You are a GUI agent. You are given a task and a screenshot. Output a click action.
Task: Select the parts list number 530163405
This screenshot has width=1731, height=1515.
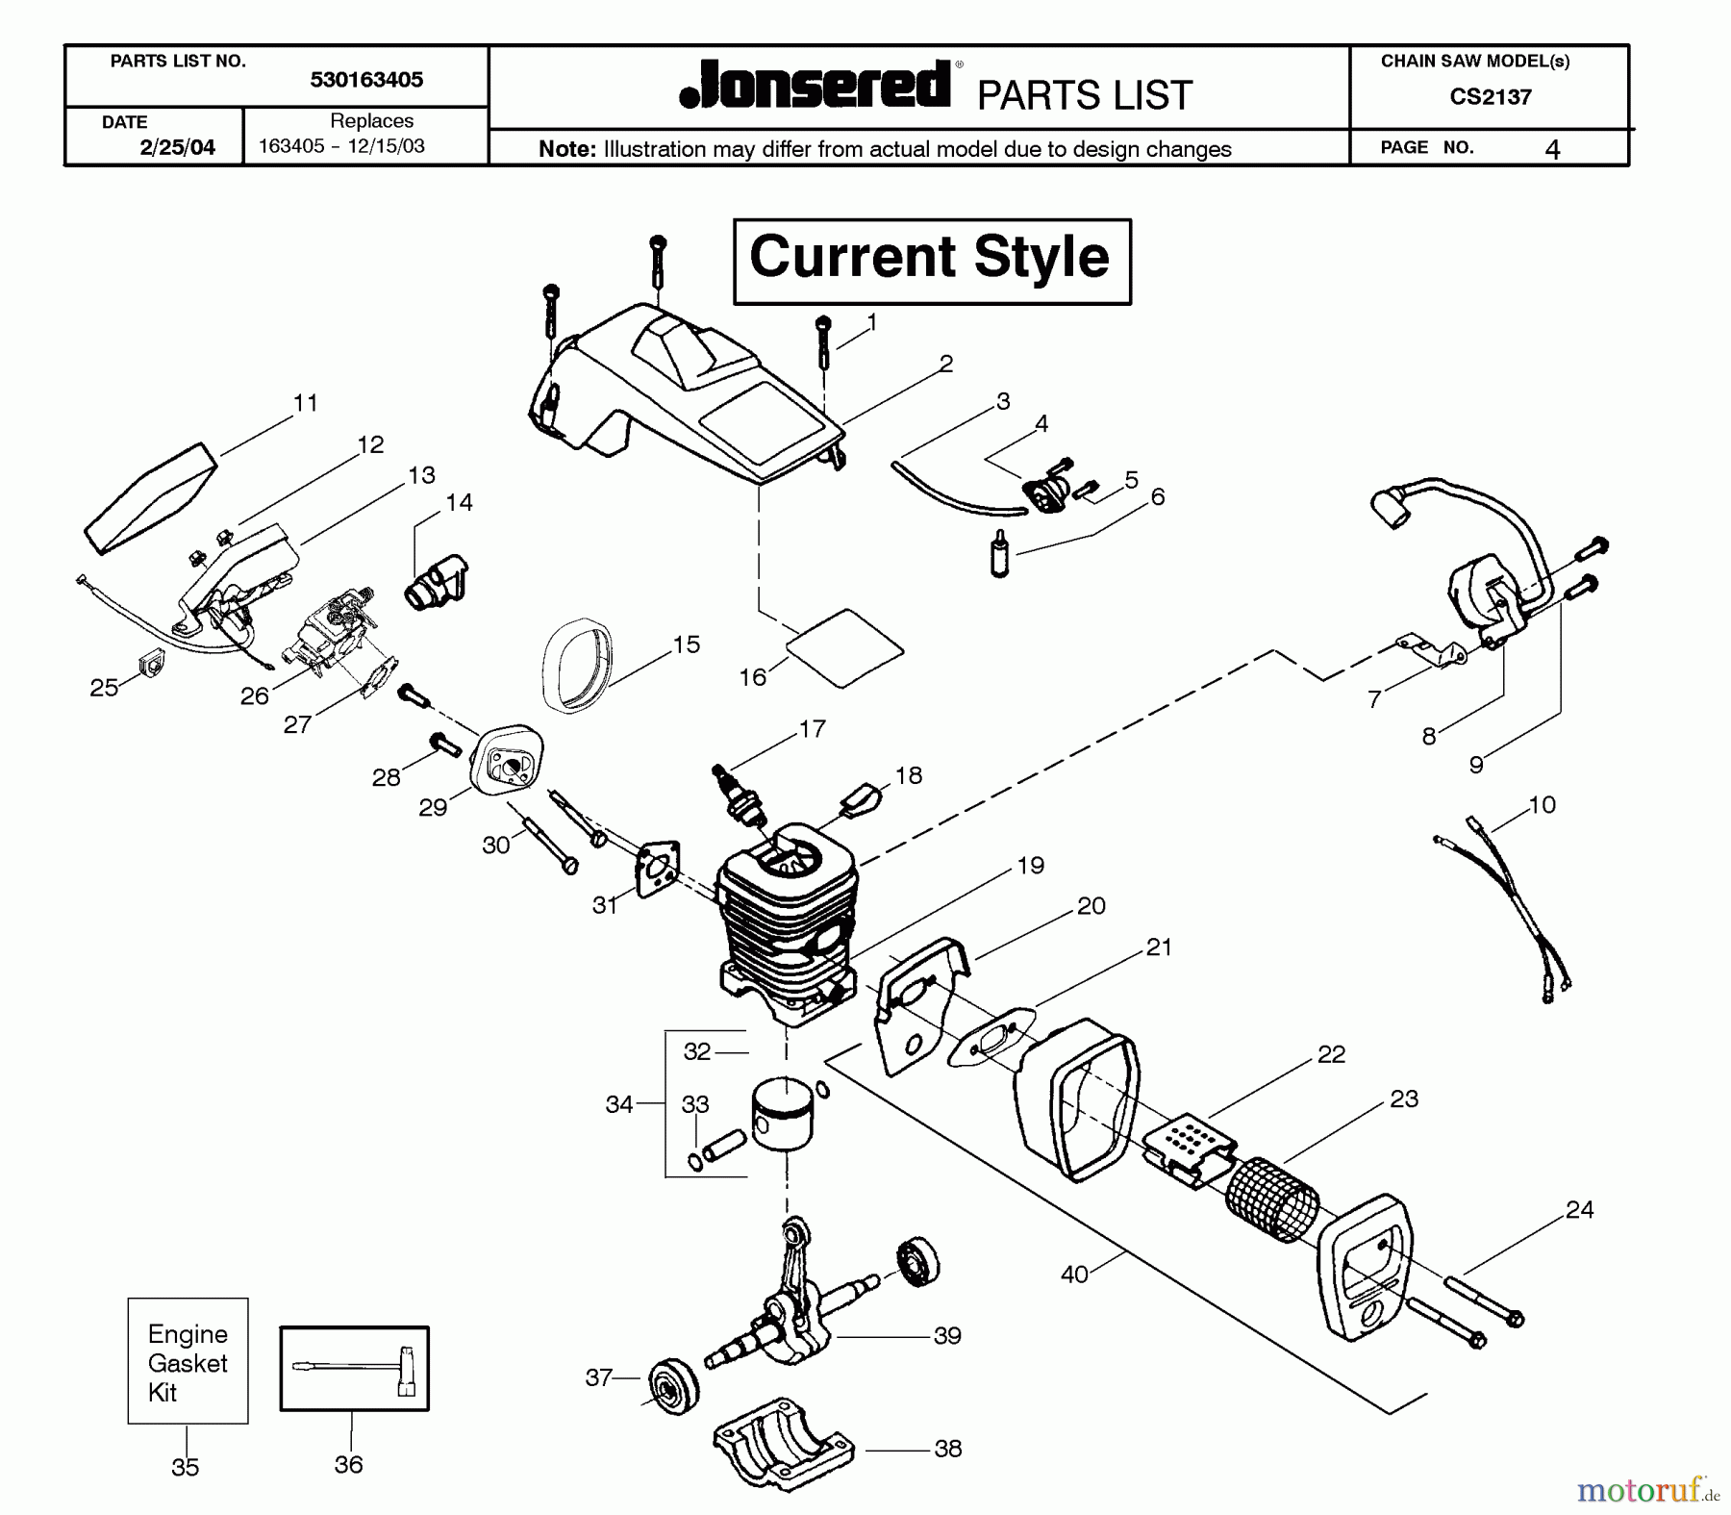[x=366, y=80]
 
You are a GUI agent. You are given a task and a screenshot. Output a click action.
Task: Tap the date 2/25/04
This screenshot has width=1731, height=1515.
[x=177, y=147]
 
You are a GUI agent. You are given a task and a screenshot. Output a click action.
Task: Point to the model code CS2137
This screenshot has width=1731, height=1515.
[x=1490, y=96]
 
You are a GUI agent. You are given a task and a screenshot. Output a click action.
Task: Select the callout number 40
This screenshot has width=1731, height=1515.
[x=1074, y=1275]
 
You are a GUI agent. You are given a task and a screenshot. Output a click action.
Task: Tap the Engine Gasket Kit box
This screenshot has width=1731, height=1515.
[x=188, y=1361]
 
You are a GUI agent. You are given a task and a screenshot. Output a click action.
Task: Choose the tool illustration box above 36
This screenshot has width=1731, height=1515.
[x=354, y=1369]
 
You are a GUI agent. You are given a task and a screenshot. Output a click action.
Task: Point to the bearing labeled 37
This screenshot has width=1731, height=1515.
[x=670, y=1386]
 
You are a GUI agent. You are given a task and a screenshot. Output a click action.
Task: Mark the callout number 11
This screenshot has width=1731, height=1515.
[x=306, y=403]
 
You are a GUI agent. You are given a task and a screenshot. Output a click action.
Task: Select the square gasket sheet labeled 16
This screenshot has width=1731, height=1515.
[x=844, y=647]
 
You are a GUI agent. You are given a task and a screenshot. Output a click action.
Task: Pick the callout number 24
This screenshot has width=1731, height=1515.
[x=1579, y=1210]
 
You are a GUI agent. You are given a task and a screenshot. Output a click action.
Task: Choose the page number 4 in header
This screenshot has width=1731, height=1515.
[x=1552, y=149]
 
